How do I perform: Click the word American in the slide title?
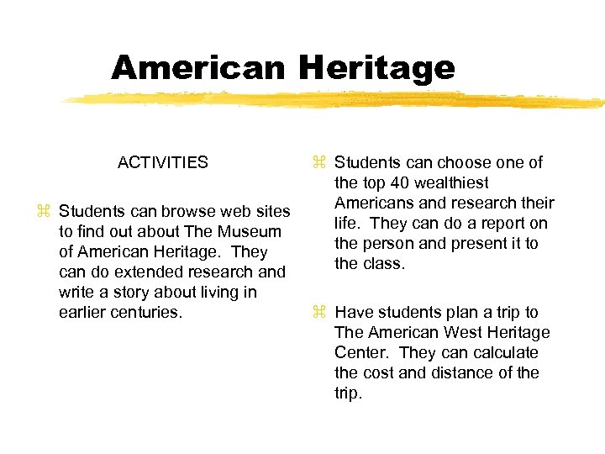click(x=197, y=67)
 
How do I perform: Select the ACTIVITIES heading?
click(x=163, y=162)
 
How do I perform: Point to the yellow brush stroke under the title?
click(x=336, y=100)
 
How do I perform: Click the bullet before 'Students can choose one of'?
click(x=319, y=163)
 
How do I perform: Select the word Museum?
click(x=250, y=231)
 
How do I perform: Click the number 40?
click(x=398, y=182)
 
